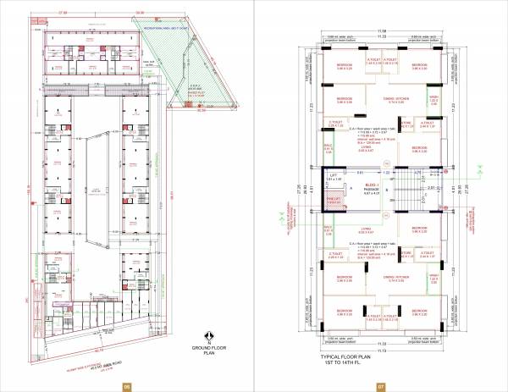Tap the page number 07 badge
[x=382, y=385]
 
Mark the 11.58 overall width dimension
[x=382, y=32]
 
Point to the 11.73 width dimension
[x=382, y=349]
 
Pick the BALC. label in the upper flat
[x=329, y=148]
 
